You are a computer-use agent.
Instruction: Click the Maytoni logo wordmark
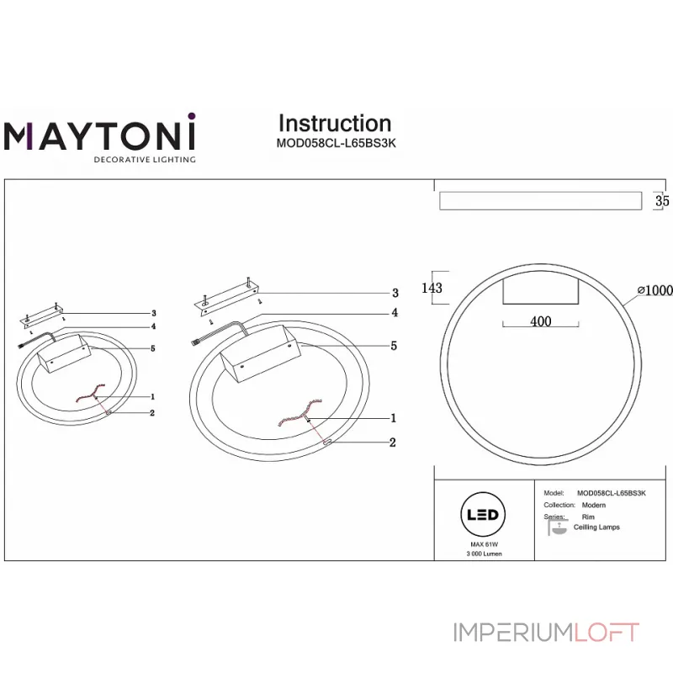100,135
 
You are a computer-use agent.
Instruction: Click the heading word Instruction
335,124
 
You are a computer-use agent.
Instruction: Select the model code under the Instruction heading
336,143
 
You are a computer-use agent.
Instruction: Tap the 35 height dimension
662,201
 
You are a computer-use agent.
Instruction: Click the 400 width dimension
540,322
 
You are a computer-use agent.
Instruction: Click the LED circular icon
481,515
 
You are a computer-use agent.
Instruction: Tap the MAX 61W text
481,545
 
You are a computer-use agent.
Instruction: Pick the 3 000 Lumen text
481,555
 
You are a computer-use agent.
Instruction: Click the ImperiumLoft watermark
547,632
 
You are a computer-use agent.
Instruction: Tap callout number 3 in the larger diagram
395,294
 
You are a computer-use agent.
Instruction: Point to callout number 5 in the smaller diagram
154,348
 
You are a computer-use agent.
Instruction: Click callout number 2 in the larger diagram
392,442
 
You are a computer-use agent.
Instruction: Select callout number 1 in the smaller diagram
152,395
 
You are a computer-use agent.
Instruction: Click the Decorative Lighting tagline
144,159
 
